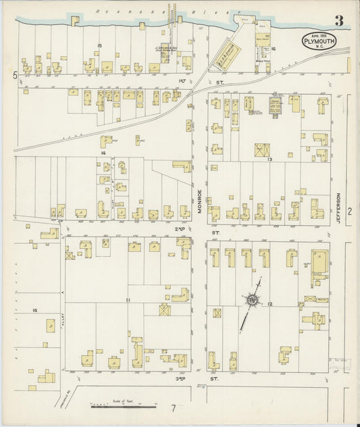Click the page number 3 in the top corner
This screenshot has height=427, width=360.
click(x=338, y=21)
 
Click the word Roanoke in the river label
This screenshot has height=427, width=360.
click(x=111, y=11)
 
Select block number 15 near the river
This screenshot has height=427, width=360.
click(x=99, y=45)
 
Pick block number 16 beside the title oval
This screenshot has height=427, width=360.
click(x=274, y=49)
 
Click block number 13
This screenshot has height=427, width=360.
click(x=269, y=159)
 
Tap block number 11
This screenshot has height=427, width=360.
click(x=127, y=299)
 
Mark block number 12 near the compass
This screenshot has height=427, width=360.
click(x=269, y=305)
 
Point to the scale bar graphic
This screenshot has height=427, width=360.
click(x=121, y=407)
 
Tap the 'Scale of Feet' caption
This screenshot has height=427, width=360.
click(x=122, y=400)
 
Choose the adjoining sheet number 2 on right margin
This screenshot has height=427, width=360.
click(x=350, y=211)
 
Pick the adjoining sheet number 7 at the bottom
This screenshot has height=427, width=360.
click(x=173, y=408)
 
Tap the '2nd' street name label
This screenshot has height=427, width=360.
click(x=181, y=229)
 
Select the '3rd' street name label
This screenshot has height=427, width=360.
click(x=181, y=380)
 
